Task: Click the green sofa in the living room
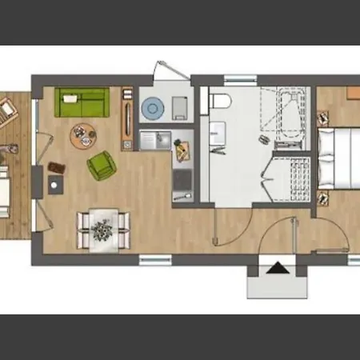point(82,102)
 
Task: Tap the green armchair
point(100,166)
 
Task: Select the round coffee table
point(82,136)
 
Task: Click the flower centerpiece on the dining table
point(102,230)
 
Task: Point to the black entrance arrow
point(277,269)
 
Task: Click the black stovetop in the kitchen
point(182,180)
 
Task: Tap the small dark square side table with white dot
point(54,184)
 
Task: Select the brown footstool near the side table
point(56,167)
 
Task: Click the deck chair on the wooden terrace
point(8,110)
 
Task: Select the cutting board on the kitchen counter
point(182,148)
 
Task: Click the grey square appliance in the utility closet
point(179,106)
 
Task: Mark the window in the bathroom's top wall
point(239,78)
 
